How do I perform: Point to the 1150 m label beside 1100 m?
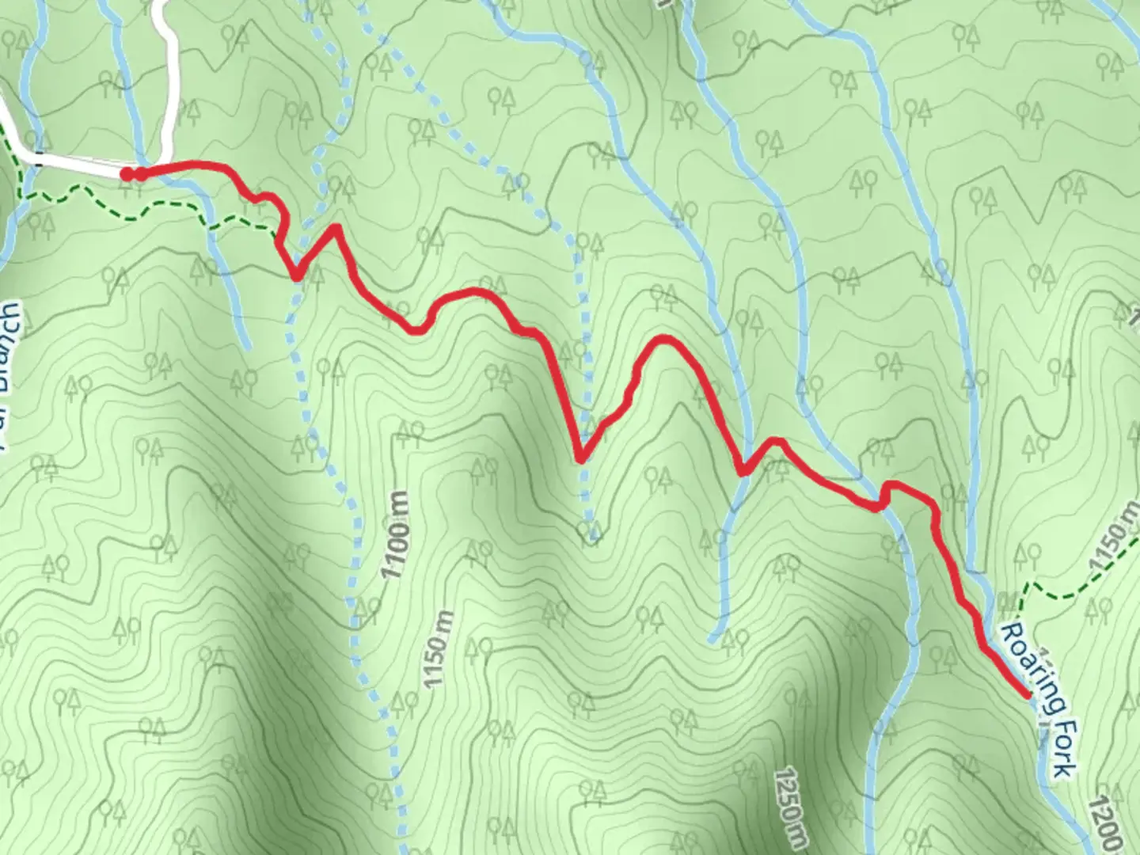[x=437, y=649]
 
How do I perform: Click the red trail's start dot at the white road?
[x=127, y=174]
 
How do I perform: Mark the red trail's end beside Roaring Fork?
[x=1028, y=695]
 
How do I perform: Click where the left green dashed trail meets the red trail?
[x=279, y=232]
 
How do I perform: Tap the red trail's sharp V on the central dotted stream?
[x=581, y=458]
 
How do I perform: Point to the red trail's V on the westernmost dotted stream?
[x=297, y=276]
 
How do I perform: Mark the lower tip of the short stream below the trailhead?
[x=246, y=346]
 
